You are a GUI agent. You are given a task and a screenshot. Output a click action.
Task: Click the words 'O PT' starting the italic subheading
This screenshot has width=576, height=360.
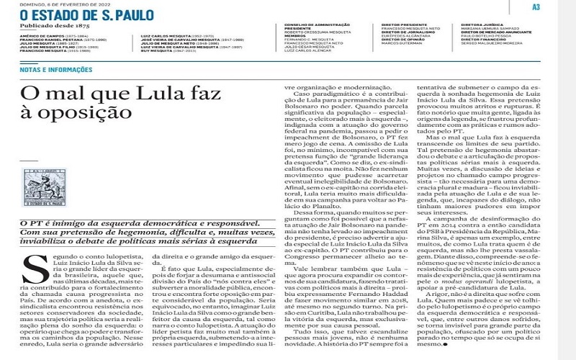30,225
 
